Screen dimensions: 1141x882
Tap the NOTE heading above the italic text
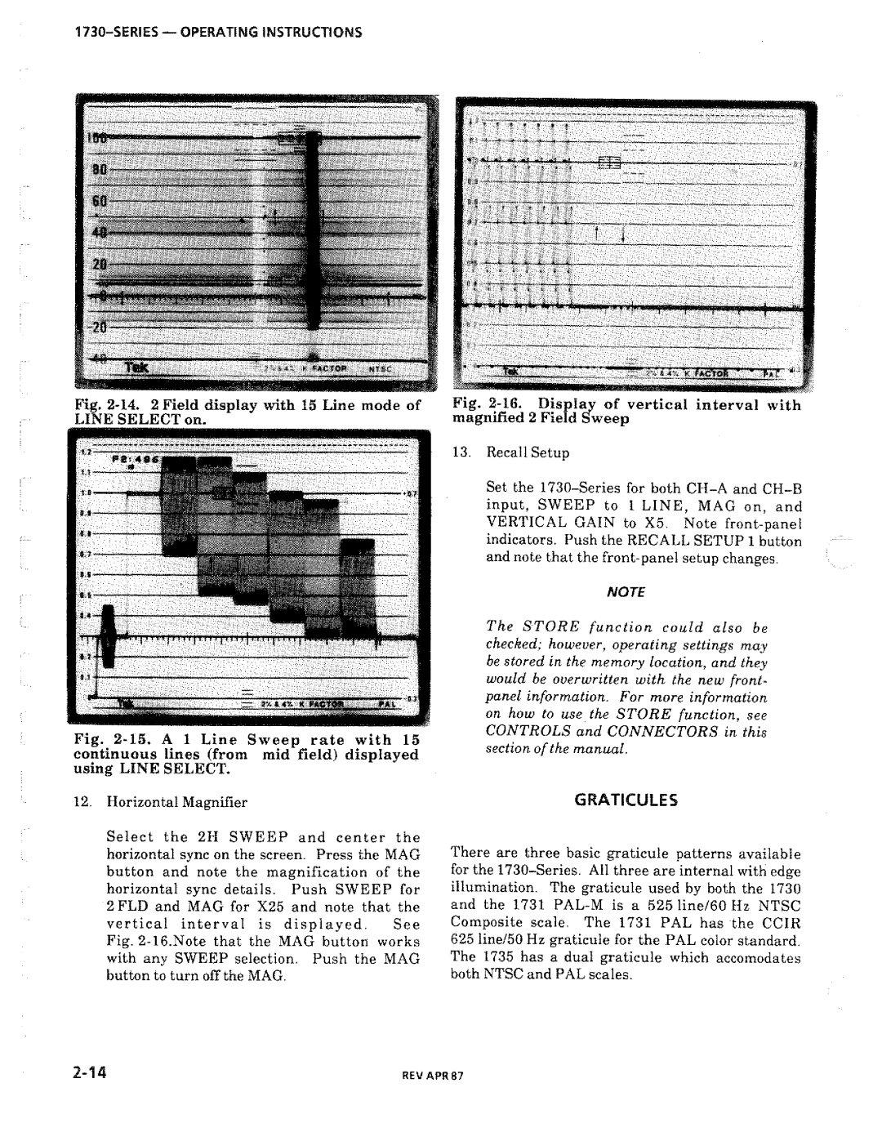click(x=630, y=591)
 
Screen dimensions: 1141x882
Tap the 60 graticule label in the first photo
click(x=100, y=202)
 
